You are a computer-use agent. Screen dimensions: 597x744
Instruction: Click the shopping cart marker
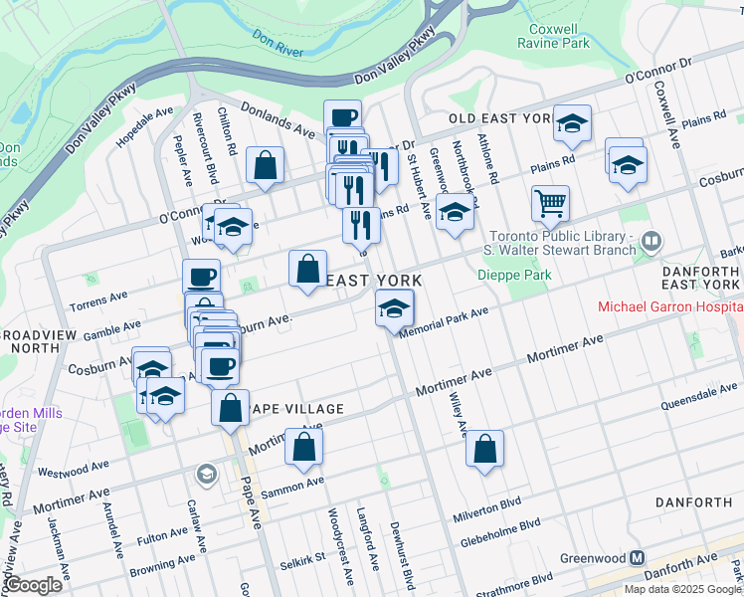pos(549,204)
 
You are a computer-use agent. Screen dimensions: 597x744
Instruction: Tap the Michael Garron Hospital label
pos(668,306)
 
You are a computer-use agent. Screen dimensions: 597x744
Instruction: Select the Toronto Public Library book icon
pos(651,240)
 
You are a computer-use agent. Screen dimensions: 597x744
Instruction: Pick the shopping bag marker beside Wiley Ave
pos(484,449)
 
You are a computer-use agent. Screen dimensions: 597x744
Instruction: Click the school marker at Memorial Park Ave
pos(394,308)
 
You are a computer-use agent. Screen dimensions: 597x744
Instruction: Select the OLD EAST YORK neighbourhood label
pos(498,118)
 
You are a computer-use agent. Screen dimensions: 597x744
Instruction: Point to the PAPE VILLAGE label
pos(295,409)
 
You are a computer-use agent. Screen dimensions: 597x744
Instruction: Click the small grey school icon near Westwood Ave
pos(206,472)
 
